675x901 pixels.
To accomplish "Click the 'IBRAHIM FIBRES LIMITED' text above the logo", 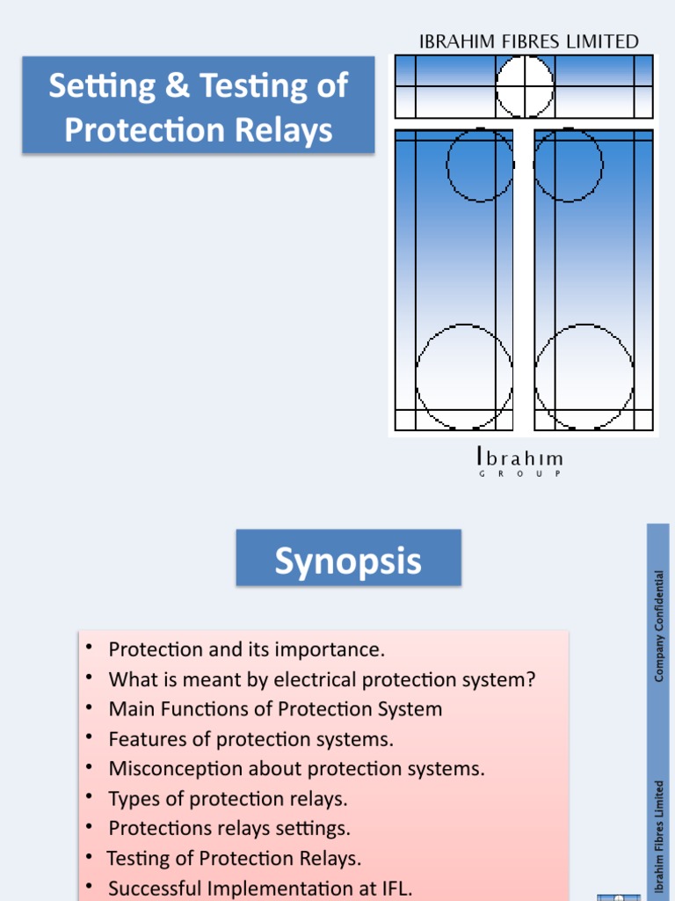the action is (528, 42).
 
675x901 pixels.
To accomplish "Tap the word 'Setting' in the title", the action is (102, 86).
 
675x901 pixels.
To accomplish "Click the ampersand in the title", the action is (177, 85).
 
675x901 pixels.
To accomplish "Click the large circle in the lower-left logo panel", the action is (416, 377).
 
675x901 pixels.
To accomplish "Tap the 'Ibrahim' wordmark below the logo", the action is (520, 458).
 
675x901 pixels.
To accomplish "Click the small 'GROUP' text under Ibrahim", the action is (520, 474).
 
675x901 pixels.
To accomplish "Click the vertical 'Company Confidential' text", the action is (659, 626).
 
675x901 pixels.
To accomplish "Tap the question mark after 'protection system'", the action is (530, 678).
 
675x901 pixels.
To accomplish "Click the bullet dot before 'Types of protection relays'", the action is (89, 796).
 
